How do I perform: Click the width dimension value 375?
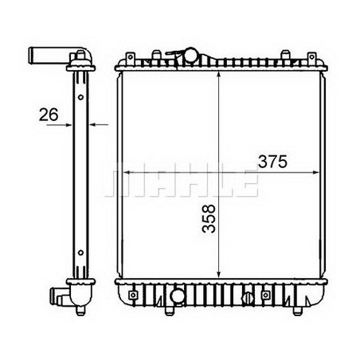coord(270,161)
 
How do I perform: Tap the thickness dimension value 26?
coord(49,115)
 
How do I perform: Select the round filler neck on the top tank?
coord(190,56)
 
